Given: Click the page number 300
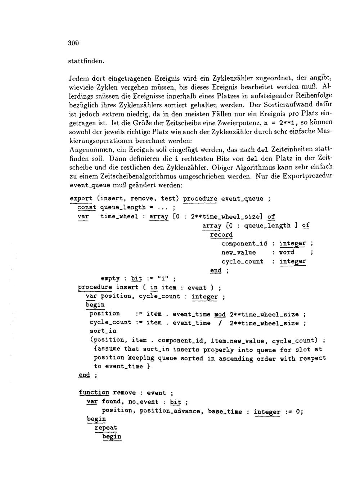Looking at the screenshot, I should pos(73,43).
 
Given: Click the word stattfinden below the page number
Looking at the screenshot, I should pos(86,61).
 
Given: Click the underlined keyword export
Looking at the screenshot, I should pos(81,198).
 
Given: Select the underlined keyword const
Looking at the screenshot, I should pos(87,207).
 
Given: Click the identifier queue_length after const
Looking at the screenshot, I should pos(122,207).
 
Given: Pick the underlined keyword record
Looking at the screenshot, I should pos(221,235).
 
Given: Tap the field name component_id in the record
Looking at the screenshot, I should pos(244,244).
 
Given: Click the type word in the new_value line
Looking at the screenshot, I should pos(287,252).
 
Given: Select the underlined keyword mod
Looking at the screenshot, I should pos(220,314).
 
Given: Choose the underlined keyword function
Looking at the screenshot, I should pos(94,393).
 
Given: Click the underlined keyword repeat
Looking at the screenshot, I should pos(106,428).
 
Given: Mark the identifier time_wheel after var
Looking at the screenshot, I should pos(119,216).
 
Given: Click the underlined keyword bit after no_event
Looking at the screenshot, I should pos(175,402).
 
